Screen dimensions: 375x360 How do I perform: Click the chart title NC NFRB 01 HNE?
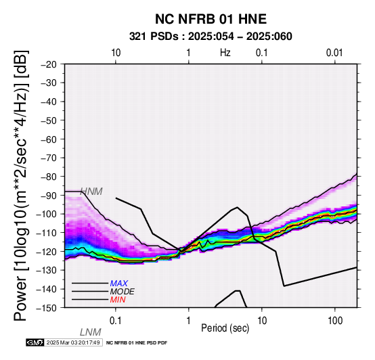click(211, 19)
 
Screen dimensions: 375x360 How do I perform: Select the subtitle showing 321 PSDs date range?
click(211, 37)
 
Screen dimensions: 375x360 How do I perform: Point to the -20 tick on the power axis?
click(49, 64)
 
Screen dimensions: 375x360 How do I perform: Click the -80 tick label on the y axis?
click(49, 177)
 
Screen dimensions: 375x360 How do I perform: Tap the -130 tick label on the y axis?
click(47, 270)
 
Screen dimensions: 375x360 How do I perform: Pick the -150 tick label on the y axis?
click(47, 308)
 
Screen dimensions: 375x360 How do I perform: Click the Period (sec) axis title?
click(225, 328)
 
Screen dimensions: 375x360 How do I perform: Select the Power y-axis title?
click(21, 185)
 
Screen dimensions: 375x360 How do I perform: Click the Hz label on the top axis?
click(225, 53)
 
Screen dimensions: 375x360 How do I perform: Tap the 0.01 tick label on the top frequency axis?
click(334, 53)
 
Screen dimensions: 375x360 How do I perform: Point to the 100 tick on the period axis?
click(335, 321)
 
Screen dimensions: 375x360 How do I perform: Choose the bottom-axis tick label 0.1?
click(115, 321)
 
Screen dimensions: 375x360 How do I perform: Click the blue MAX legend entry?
click(119, 284)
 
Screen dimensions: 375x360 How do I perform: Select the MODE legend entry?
click(123, 292)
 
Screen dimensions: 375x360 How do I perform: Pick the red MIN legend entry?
click(118, 300)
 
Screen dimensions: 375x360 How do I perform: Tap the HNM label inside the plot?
click(91, 192)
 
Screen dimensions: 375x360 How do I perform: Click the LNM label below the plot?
click(91, 332)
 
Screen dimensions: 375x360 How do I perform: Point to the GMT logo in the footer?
click(35, 342)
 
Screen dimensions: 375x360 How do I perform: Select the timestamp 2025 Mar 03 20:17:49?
click(73, 342)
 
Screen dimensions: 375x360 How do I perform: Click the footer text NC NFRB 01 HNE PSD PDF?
click(137, 343)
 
